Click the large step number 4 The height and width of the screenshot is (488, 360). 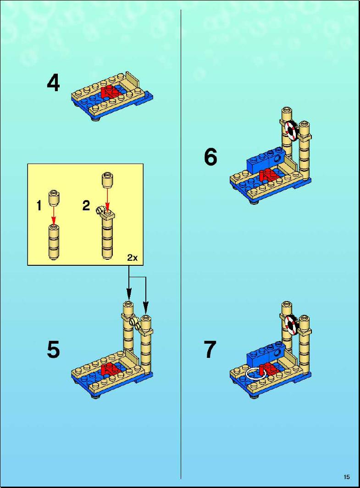point(53,83)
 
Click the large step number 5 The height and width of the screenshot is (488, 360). point(53,350)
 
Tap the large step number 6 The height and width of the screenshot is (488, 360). point(210,157)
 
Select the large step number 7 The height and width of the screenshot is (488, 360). point(210,350)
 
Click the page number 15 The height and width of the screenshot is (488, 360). point(347,477)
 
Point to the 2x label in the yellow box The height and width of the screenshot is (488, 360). point(133,258)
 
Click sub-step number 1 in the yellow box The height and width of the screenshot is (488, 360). point(39,206)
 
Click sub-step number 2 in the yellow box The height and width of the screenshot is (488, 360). point(86,205)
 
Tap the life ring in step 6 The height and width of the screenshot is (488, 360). point(291,131)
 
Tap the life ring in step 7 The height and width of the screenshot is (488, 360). point(291,324)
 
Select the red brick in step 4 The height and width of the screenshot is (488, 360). point(110,92)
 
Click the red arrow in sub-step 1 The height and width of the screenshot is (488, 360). point(54,215)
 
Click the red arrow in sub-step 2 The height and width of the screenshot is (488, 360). point(107,200)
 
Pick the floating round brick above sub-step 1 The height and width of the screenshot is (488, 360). point(54,198)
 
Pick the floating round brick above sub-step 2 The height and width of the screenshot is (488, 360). point(107,180)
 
